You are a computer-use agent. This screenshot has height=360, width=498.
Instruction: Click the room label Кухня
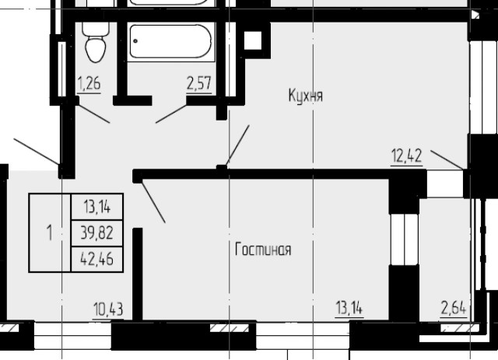tap(305, 96)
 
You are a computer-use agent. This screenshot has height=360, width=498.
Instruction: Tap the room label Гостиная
tap(263, 250)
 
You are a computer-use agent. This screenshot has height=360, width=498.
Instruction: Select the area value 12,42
tap(406, 156)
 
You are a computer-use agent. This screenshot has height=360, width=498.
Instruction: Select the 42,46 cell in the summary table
tap(97, 259)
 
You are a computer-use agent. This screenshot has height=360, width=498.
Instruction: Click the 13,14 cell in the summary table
tap(97, 207)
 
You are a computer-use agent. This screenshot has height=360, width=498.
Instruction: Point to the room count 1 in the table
tap(50, 232)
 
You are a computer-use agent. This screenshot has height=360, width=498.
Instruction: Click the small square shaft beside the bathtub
tap(253, 40)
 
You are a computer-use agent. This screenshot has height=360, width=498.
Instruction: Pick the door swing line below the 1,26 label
tap(93, 113)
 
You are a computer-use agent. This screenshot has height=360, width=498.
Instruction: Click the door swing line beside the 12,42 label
tap(448, 160)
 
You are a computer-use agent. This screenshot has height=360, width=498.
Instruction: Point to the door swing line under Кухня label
tap(237, 144)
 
